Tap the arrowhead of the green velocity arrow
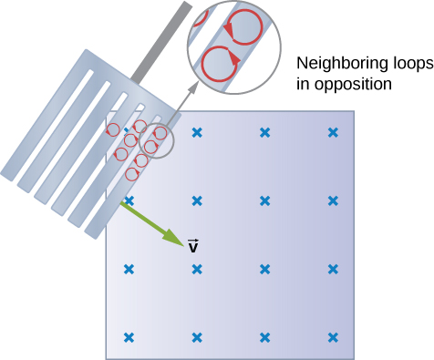click(x=176, y=242)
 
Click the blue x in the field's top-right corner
click(x=333, y=133)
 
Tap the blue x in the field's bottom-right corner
click(x=333, y=336)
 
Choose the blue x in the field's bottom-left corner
click(x=129, y=336)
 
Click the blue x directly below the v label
click(x=196, y=269)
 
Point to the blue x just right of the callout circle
click(x=196, y=133)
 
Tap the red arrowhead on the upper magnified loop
click(x=230, y=32)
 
